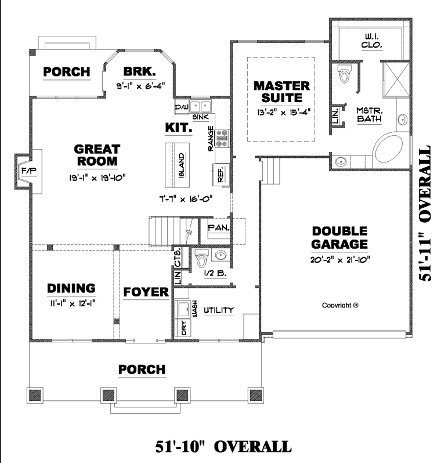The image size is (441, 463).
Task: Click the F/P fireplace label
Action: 28,171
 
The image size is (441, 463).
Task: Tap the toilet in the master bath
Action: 344,74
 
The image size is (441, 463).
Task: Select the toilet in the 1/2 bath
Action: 203,258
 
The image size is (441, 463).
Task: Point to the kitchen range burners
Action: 222,138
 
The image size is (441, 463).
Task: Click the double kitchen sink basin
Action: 201,106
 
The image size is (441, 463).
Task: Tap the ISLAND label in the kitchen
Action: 182,165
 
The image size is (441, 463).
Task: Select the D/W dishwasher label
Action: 182,107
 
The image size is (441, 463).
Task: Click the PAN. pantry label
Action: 219,228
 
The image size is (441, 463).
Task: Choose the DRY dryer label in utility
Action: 184,328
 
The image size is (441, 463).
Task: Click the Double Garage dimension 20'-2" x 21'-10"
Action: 340,260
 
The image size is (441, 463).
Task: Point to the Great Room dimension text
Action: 97,178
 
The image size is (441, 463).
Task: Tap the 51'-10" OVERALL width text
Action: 223,446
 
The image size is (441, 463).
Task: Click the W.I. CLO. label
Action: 372,41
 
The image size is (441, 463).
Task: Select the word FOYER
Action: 146,292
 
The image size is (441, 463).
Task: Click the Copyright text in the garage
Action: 340,305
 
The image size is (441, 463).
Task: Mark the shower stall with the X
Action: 396,79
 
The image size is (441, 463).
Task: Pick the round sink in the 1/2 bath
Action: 220,255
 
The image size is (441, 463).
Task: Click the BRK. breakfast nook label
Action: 139,71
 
